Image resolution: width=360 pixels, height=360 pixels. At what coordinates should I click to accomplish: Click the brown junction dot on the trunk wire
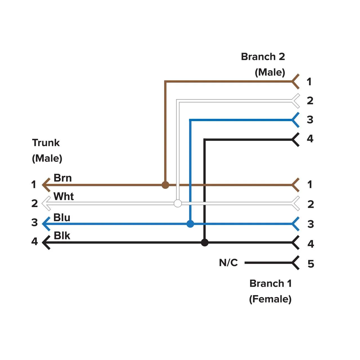(x=165, y=185)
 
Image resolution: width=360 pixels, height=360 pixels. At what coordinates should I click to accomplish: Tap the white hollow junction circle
(x=178, y=203)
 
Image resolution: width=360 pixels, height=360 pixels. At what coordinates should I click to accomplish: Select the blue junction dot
(x=190, y=224)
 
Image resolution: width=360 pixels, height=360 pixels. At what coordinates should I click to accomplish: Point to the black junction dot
(x=205, y=242)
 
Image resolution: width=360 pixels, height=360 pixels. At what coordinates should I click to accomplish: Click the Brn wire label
(x=62, y=178)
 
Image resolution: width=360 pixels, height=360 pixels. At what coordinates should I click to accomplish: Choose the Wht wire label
(x=64, y=196)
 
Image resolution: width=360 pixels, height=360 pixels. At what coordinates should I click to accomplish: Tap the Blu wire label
(x=62, y=217)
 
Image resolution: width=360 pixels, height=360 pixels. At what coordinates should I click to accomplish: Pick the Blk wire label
(x=62, y=236)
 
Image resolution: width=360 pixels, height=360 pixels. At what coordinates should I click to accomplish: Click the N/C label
(x=228, y=263)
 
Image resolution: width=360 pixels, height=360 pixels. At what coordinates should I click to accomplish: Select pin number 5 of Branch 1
(x=311, y=264)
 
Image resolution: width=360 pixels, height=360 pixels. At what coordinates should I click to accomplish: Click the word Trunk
(x=46, y=143)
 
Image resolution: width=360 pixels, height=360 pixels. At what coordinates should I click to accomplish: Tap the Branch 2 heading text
(x=263, y=57)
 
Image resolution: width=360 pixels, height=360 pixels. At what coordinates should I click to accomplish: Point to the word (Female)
(x=270, y=299)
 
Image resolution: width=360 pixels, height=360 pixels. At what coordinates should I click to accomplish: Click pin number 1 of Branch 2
(x=309, y=82)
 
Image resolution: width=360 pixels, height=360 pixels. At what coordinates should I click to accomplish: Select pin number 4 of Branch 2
(x=310, y=139)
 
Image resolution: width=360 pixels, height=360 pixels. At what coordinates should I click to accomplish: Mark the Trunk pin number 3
(x=34, y=222)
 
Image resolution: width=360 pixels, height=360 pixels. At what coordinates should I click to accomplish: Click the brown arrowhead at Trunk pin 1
(x=46, y=185)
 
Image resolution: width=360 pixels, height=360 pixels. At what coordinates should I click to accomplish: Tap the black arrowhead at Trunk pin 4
(x=46, y=242)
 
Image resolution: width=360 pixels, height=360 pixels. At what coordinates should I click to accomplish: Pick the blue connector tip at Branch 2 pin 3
(x=295, y=120)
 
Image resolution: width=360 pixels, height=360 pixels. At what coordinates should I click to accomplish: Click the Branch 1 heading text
(x=271, y=283)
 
